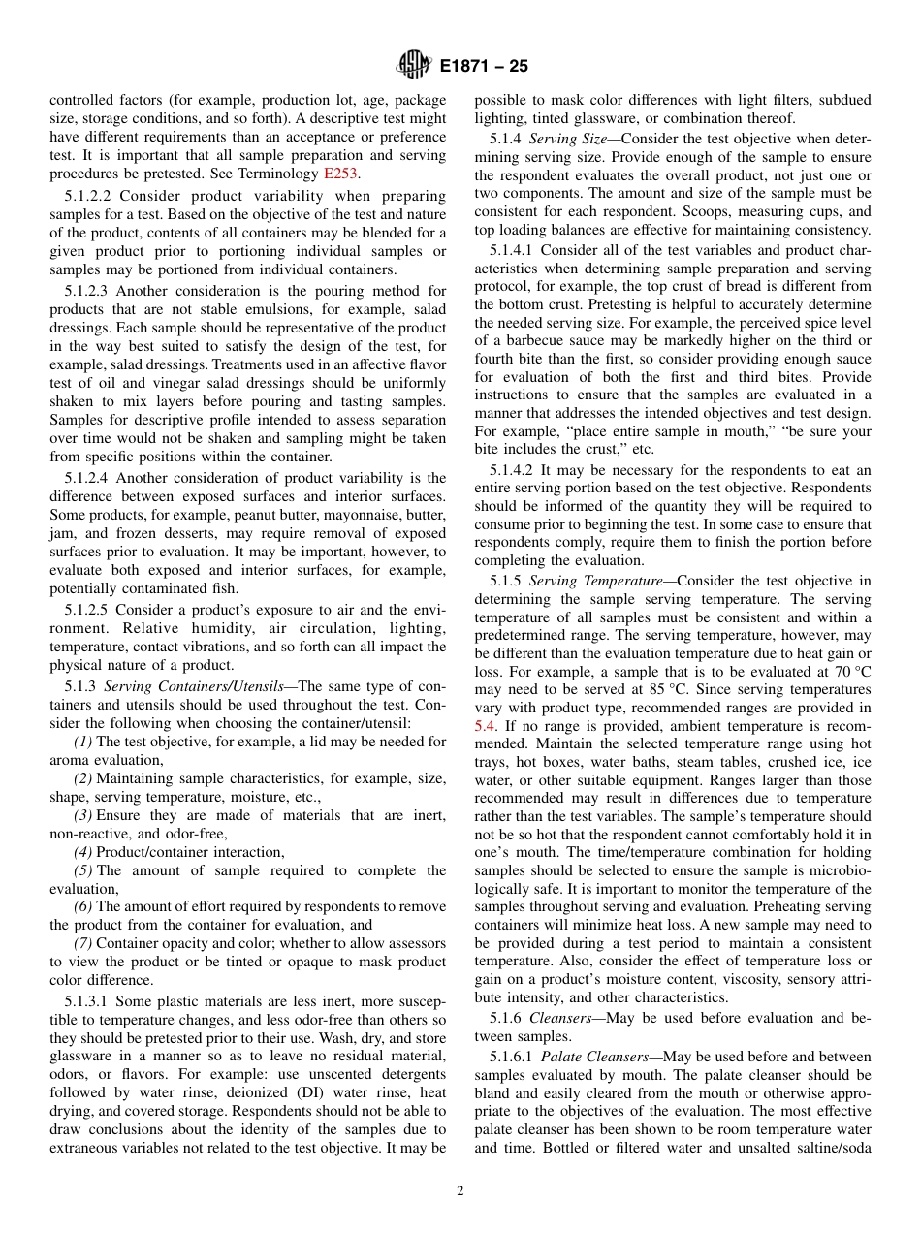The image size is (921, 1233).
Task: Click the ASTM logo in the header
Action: click(414, 67)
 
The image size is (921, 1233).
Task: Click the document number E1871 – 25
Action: click(484, 67)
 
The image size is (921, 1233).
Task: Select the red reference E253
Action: click(340, 174)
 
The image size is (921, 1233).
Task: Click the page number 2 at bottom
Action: click(460, 1191)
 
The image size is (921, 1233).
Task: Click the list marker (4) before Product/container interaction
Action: click(83, 852)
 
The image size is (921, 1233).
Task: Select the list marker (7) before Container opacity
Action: click(83, 943)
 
